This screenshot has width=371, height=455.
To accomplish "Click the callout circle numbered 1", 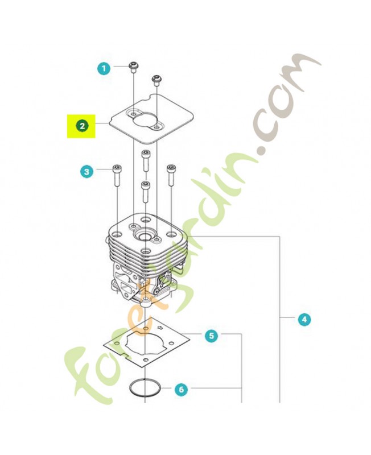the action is (104, 69).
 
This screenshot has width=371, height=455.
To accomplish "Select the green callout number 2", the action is (82, 126).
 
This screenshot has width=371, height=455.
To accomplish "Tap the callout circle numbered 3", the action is (87, 172).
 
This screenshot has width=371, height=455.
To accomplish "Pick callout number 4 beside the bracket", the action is (304, 319).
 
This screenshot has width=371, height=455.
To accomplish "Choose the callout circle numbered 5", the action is (211, 336).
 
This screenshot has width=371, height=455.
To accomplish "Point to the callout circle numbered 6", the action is (181, 389).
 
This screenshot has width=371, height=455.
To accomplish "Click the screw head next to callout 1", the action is (134, 66).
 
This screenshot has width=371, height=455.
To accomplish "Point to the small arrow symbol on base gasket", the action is (160, 328).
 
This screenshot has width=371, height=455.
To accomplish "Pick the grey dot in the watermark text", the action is (263, 150).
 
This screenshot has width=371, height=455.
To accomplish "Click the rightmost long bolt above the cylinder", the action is (171, 175).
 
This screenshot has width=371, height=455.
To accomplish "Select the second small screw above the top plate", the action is (156, 80).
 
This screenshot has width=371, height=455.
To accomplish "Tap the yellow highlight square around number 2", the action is (81, 126).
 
